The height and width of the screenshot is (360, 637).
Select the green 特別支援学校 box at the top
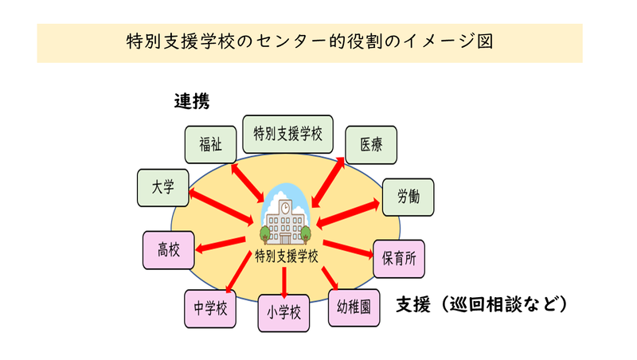(287, 134)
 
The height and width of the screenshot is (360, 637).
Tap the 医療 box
(370, 145)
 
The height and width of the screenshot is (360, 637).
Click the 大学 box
(162, 189)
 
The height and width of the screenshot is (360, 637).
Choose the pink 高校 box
(169, 250)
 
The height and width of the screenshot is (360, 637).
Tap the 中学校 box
(210, 307)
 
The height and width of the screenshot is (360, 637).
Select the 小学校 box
(283, 313)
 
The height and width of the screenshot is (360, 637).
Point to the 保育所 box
(399, 259)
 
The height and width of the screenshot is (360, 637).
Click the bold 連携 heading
(192, 101)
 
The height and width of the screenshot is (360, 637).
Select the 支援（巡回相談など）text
(482, 304)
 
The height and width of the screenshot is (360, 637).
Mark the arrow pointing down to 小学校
(284, 280)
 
